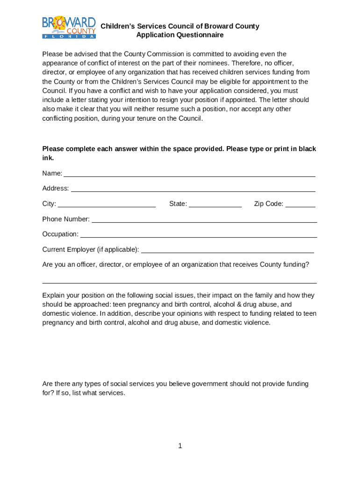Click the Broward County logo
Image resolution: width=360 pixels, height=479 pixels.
[69, 28]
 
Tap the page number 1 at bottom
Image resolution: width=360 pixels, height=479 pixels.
[180, 446]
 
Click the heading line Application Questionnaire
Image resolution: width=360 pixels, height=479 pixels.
[180, 35]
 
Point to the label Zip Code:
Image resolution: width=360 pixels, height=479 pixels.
[268, 204]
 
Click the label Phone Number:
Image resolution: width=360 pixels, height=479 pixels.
[66, 219]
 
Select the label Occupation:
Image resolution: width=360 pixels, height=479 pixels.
[60, 234]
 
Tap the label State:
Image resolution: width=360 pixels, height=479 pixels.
[178, 204]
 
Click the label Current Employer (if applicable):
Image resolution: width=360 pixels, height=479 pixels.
[91, 249]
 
